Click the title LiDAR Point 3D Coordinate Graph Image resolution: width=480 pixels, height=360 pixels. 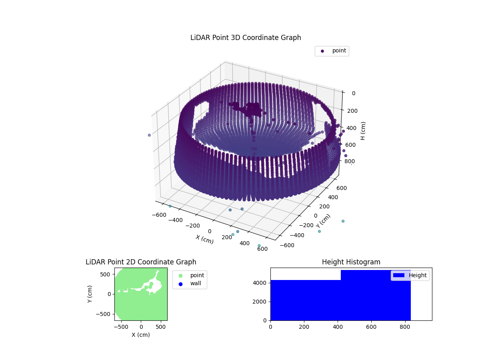click(246, 38)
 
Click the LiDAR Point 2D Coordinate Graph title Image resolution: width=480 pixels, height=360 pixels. click(141, 262)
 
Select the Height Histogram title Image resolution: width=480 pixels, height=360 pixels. click(351, 262)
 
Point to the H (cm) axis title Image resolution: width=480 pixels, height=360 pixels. click(363, 131)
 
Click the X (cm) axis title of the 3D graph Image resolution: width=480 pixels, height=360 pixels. click(204, 239)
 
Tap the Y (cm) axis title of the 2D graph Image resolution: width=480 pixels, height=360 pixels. click(90, 294)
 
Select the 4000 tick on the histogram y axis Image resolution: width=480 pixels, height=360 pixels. click(260, 283)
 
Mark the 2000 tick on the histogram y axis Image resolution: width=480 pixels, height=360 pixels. click(260, 302)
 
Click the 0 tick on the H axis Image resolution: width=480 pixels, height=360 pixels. click(353, 93)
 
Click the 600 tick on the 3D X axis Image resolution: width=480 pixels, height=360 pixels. click(262, 249)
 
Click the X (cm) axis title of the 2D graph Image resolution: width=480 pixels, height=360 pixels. click(141, 335)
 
